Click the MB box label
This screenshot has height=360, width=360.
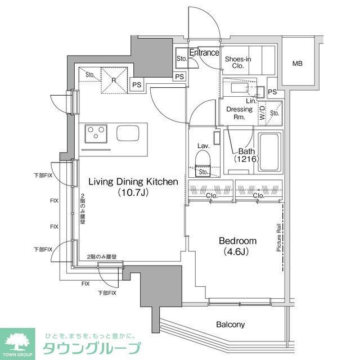tap(297, 64)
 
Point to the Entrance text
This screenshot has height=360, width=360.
tap(204, 53)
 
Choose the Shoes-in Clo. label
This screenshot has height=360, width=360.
tap(238, 62)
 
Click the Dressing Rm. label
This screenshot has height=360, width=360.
tap(238, 113)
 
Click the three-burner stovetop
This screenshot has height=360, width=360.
tap(96, 134)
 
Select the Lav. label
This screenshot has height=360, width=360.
tap(203, 146)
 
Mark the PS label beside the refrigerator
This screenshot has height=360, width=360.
tap(137, 85)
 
